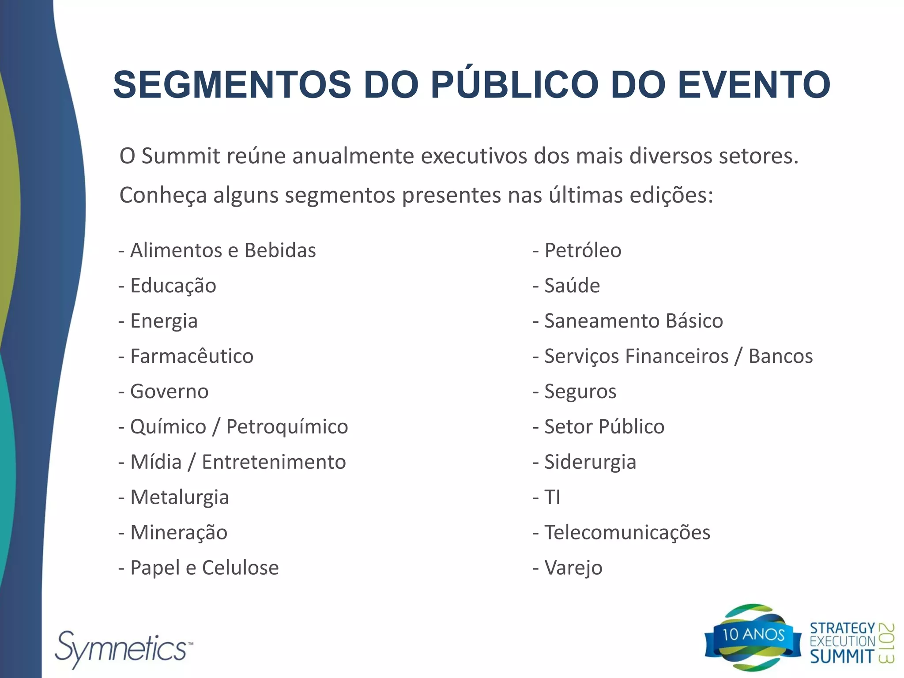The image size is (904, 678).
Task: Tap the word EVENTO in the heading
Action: point(754,85)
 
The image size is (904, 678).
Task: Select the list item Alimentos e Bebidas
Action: point(222,250)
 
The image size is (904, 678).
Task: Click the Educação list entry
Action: point(173,286)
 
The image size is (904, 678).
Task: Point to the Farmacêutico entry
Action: point(191,356)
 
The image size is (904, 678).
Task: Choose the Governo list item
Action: point(169,392)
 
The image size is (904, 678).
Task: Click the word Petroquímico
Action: point(287,427)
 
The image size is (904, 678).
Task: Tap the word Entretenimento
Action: point(274,462)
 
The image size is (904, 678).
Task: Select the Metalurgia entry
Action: point(179,497)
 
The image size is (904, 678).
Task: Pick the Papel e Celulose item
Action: point(204,568)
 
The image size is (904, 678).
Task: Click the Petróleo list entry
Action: point(582,250)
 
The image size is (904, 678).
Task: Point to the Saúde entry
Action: point(572,286)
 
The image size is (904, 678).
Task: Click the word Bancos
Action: point(780,356)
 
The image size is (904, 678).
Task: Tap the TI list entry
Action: point(552,497)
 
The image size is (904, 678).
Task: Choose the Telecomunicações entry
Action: point(627,533)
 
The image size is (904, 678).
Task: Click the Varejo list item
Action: point(573,568)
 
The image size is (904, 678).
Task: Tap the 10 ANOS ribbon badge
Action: point(753,635)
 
